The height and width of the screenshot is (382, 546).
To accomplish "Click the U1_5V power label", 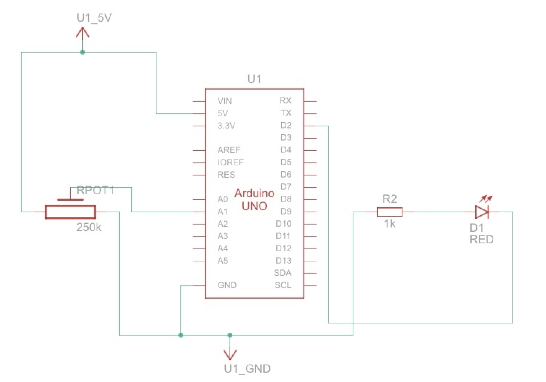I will (x=94, y=18).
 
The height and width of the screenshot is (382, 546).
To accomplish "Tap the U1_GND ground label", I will (x=247, y=369).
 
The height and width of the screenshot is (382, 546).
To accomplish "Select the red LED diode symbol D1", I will (x=481, y=212).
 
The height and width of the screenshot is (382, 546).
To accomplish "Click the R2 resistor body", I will (x=389, y=212).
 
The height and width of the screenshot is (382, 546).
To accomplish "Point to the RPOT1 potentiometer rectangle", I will (x=70, y=212).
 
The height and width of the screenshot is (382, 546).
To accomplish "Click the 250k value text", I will (x=89, y=227).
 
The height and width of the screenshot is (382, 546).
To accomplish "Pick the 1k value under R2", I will (x=389, y=224).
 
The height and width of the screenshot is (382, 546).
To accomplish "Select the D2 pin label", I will (x=286, y=125).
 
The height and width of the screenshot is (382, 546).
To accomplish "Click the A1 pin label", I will (x=223, y=212).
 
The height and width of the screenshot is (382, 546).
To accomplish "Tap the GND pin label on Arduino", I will (x=227, y=285).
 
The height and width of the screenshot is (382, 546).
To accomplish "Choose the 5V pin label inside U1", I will (x=223, y=113).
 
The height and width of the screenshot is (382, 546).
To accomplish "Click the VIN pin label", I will (x=224, y=101).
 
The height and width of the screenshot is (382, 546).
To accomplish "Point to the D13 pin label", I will (x=283, y=261).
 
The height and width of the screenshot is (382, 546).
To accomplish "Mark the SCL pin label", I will (x=283, y=285).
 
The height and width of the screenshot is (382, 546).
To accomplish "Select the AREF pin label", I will (x=229, y=150).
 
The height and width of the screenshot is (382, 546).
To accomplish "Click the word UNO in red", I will (x=255, y=206).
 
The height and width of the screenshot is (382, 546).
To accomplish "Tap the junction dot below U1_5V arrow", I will (x=83, y=52).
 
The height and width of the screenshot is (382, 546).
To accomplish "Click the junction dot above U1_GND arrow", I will (x=230, y=335).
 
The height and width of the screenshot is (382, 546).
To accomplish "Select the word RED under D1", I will (x=481, y=239).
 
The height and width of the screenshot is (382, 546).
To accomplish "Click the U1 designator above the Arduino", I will (x=254, y=79).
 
